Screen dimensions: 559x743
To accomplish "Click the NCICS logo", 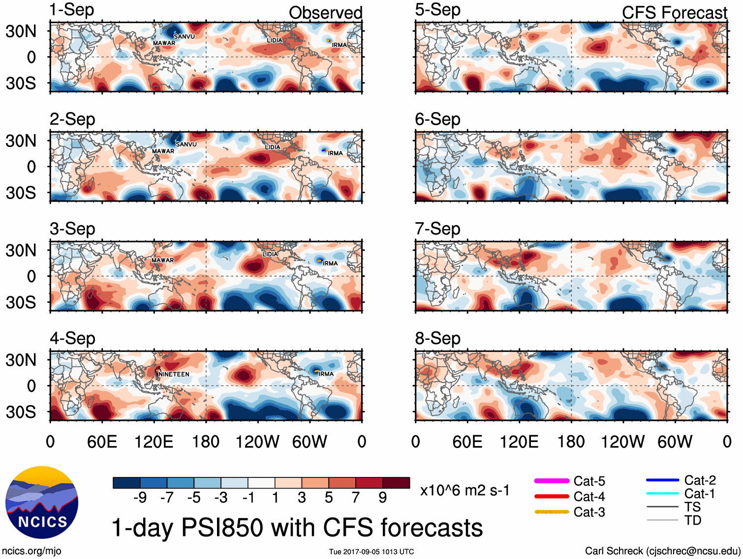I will tap(42, 502).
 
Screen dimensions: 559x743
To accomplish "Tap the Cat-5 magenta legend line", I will tap(552, 480).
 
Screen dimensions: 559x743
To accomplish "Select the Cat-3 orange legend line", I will tap(552, 512).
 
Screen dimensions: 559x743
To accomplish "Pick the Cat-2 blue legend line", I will tap(662, 480).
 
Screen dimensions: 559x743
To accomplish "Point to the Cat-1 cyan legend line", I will tap(662, 493).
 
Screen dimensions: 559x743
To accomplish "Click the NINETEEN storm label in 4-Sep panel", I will tap(174, 374).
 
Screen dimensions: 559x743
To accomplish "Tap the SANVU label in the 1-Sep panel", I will tap(185, 36).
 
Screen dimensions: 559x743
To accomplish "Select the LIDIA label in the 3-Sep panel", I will tap(270, 254).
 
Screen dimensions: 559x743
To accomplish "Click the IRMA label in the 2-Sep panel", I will tap(336, 153).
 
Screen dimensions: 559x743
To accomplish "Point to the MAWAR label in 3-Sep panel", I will tap(163, 260).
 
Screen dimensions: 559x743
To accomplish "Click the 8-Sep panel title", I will tap(437, 338).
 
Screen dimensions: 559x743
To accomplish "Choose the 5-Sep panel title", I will tap(437, 10).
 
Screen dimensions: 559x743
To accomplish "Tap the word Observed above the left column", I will tap(325, 13).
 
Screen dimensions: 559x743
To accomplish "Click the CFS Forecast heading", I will tap(674, 13).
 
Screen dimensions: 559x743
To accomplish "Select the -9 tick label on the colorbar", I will tap(140, 498).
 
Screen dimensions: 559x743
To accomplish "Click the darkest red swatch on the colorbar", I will tap(396, 483).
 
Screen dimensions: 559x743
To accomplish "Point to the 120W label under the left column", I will tap(257, 441).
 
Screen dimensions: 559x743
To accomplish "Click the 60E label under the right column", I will tap(467, 441).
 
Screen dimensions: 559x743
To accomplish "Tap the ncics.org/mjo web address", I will tap(31, 551).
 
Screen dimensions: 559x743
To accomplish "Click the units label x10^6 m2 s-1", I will tap(464, 490).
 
